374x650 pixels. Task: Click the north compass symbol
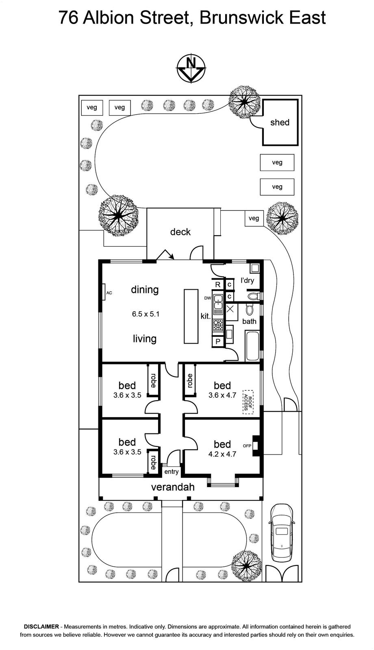click(x=191, y=69)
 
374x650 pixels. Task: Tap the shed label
click(x=280, y=122)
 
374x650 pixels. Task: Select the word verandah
click(x=173, y=487)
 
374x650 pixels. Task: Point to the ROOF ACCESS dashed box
click(x=248, y=402)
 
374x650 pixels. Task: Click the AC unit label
click(x=109, y=293)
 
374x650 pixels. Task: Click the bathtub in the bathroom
click(x=252, y=346)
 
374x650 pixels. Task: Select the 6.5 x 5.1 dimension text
click(x=146, y=314)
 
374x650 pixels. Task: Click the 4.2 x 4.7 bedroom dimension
click(x=222, y=454)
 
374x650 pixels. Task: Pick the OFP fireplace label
click(x=247, y=446)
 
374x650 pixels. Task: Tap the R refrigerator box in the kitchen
click(x=218, y=285)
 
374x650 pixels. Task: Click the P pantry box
click(x=218, y=342)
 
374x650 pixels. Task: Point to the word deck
click(x=180, y=232)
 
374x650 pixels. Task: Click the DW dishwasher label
click(x=208, y=298)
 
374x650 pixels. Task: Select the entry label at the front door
click(x=171, y=472)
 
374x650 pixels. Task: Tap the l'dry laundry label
click(x=248, y=280)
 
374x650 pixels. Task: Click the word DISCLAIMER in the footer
click(x=41, y=626)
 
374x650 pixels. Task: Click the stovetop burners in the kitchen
click(x=218, y=325)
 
